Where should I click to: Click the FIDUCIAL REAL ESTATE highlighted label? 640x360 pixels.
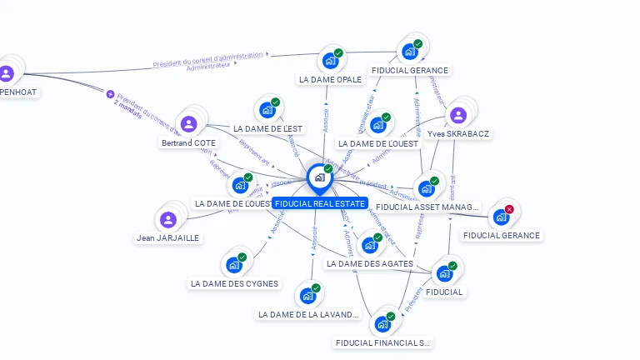pyautogui.click(x=320, y=203)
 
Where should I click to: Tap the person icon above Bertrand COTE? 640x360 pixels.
pyautogui.click(x=189, y=124)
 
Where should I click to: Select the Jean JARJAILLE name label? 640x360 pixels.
pyautogui.click(x=168, y=237)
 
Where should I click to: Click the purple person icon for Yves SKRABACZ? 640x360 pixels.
pyautogui.click(x=457, y=115)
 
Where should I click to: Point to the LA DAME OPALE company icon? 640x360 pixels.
pyautogui.click(x=330, y=61)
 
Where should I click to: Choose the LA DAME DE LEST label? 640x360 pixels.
pyautogui.click(x=267, y=129)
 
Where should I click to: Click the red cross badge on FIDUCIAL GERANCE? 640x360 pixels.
pyautogui.click(x=509, y=209)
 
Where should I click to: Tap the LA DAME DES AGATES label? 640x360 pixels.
pyautogui.click(x=369, y=264)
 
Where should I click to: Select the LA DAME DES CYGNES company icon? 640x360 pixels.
pyautogui.click(x=234, y=266)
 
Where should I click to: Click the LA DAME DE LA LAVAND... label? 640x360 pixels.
pyautogui.click(x=308, y=315)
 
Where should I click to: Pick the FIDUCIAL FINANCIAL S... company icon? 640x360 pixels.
pyautogui.click(x=382, y=324)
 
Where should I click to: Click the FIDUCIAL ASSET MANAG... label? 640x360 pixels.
pyautogui.click(x=427, y=207)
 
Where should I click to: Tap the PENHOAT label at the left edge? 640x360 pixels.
pyautogui.click(x=18, y=92)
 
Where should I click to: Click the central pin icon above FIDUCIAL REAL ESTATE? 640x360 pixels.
pyautogui.click(x=319, y=177)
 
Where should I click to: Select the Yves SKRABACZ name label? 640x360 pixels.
pyautogui.click(x=458, y=133)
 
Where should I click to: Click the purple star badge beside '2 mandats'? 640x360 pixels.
pyautogui.click(x=110, y=94)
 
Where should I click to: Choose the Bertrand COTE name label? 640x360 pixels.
pyautogui.click(x=188, y=143)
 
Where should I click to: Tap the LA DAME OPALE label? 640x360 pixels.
pyautogui.click(x=330, y=80)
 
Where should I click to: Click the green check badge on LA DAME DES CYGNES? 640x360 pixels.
pyautogui.click(x=242, y=257)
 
